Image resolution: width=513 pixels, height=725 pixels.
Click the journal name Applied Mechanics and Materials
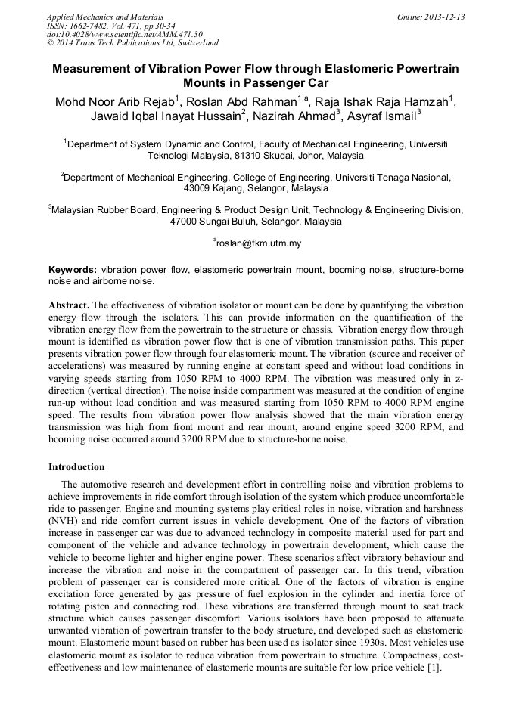pos(105,17)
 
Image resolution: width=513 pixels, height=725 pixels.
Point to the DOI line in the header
pos(125,35)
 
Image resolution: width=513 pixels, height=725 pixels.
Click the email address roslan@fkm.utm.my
pos(258,243)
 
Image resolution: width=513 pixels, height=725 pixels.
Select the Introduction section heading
pos(76,467)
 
